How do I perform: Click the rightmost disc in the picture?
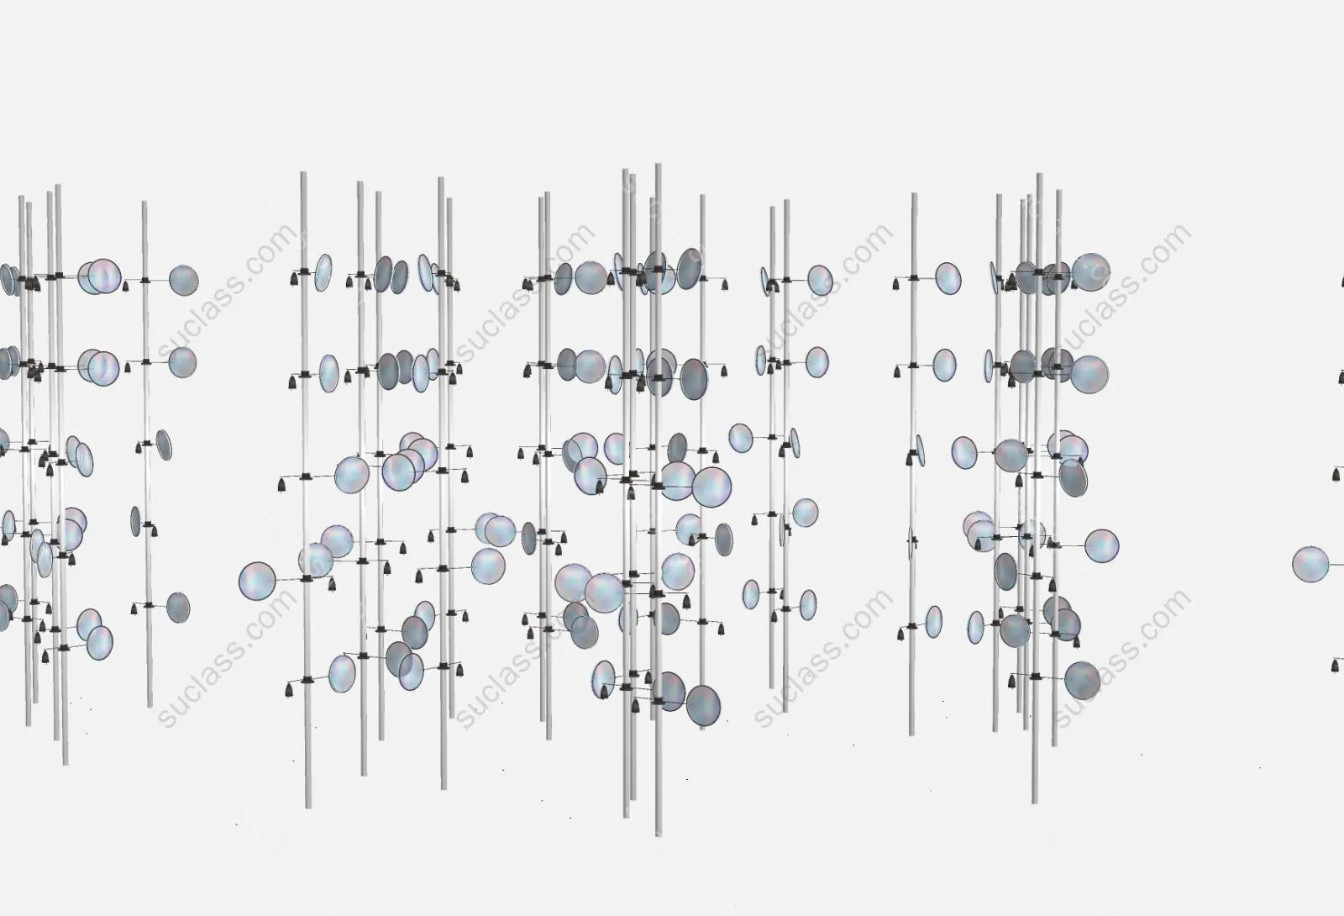(1310, 564)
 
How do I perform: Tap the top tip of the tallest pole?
(659, 164)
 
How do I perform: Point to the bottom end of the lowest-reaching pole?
(659, 835)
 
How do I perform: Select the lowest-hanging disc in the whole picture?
(703, 706)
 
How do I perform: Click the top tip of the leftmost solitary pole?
(144, 203)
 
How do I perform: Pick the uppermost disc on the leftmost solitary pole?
(184, 281)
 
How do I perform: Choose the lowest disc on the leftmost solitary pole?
(178, 608)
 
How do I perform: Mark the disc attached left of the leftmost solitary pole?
(135, 522)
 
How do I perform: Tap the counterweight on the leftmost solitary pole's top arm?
(125, 287)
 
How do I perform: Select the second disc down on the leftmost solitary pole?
(182, 362)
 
